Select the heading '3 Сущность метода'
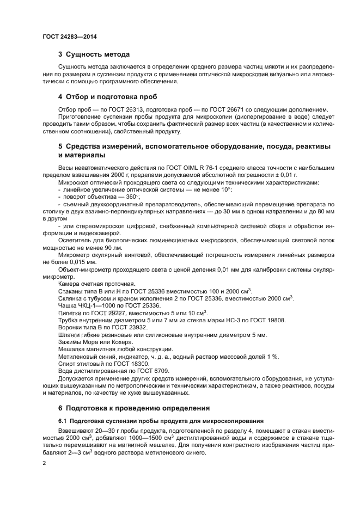tap(94, 54)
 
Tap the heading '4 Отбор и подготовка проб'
tap(107, 97)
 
